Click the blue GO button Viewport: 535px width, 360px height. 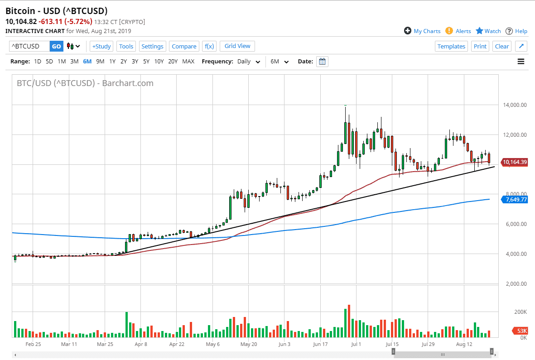coord(56,46)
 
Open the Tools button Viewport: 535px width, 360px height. coord(126,46)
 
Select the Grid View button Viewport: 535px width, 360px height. coord(237,46)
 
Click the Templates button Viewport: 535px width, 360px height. coord(451,46)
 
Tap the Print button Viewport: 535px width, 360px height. coord(480,46)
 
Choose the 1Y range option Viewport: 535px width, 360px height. coord(112,62)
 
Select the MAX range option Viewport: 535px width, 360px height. coord(188,62)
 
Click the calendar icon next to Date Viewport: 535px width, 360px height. coord(323,62)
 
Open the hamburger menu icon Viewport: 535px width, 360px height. coord(521,62)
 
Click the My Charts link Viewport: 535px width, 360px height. coord(422,31)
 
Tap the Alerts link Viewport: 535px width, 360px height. coord(458,31)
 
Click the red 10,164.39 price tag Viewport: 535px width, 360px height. coord(514,162)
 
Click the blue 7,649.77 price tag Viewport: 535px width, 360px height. coord(514,199)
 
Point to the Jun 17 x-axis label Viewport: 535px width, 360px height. coord(321,344)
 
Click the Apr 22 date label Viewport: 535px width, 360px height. coord(177,344)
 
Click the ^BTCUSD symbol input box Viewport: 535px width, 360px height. coord(29,46)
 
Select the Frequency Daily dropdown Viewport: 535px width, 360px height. coord(249,62)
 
